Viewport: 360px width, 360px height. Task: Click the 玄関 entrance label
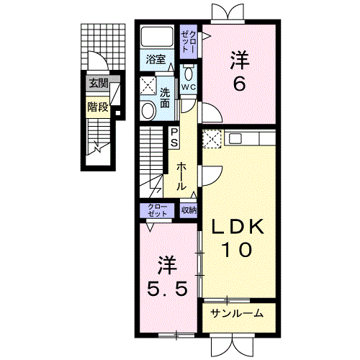coord(99,84)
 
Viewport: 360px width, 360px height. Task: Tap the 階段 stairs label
coord(98,107)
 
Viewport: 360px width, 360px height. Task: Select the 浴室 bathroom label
coord(156,59)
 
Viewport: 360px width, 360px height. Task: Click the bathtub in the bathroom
coord(157,37)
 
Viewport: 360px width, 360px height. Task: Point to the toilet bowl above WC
coord(189,73)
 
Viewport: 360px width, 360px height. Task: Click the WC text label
coord(189,87)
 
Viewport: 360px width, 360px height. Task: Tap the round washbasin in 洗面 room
coord(148,111)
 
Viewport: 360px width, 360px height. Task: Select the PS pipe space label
coord(174,138)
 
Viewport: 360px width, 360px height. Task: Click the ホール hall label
coord(181,176)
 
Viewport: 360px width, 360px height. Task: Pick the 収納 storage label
coord(189,210)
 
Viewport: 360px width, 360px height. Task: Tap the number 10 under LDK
coord(238,249)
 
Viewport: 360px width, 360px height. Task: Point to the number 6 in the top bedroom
coord(239,84)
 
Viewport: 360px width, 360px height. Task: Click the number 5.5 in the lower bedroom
coord(167,289)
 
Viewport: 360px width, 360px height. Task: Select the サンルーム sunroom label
coord(238,313)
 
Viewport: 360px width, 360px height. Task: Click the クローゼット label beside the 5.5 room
coord(158,210)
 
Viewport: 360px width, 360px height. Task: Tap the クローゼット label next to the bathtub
coord(189,42)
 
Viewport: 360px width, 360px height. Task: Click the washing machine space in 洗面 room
coord(148,86)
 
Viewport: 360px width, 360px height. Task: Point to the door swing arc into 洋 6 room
coord(217,109)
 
